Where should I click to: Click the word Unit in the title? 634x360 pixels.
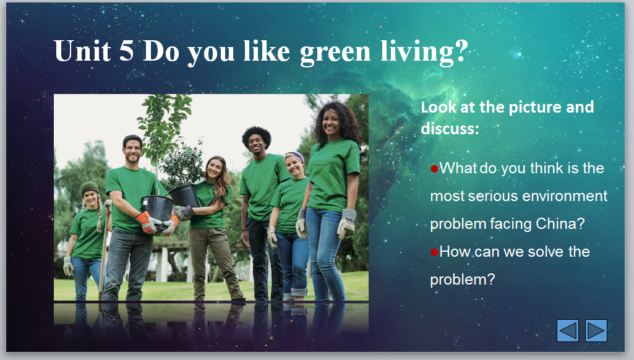(x=82, y=51)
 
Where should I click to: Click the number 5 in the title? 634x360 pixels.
(x=127, y=51)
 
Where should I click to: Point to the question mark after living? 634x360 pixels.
(x=461, y=51)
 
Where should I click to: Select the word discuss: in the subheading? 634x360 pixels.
(x=450, y=129)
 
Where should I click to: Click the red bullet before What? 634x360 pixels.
(x=435, y=169)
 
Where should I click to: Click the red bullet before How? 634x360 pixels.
(x=435, y=252)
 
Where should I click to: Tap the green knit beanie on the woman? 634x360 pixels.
(x=89, y=187)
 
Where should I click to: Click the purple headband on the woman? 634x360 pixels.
(x=295, y=156)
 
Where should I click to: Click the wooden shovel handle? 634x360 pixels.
(x=104, y=251)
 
